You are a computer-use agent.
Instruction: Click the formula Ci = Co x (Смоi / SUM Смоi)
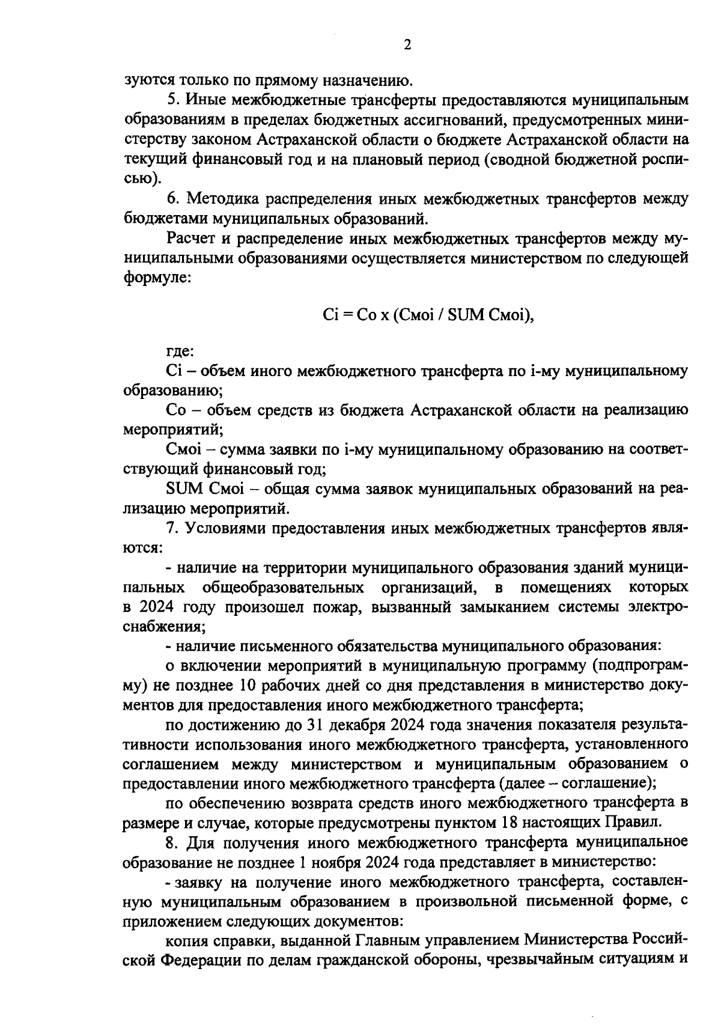click(x=428, y=315)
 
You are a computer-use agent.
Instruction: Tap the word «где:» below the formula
click(x=179, y=351)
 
